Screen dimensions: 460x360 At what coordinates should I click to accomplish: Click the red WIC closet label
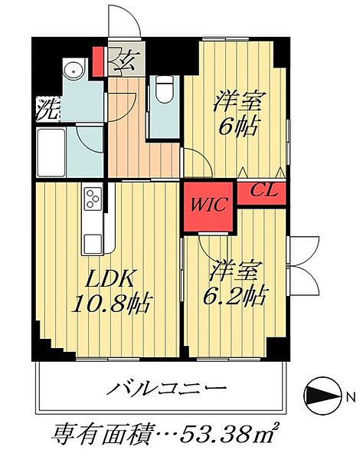(208, 205)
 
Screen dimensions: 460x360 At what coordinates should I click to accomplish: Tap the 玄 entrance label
(123, 59)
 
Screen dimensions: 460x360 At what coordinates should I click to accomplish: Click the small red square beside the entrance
(98, 59)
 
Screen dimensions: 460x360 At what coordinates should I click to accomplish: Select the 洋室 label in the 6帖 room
(236, 100)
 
